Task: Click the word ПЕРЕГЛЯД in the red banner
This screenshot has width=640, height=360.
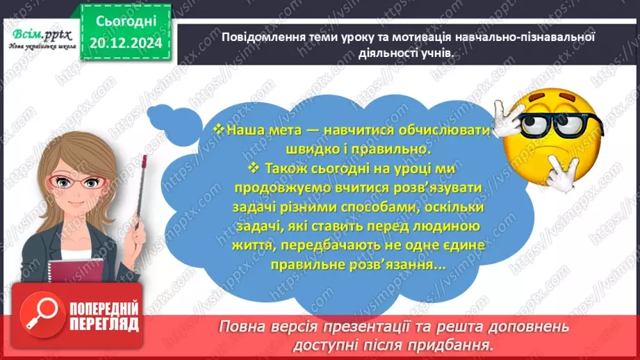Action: (102, 325)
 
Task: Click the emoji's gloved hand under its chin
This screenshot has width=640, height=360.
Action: (559, 171)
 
